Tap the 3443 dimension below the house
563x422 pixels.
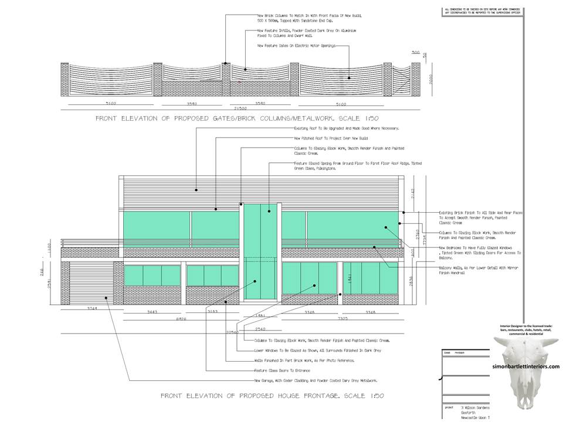152,312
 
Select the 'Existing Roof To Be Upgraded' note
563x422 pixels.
345,128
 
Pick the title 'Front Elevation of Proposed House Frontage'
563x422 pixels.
272,396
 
